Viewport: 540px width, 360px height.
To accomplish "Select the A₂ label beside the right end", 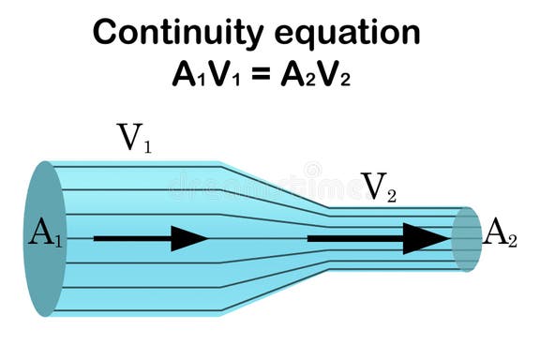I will (x=500, y=233).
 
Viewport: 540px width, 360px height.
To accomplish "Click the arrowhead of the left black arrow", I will (x=190, y=238).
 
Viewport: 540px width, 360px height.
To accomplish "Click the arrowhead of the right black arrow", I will (x=427, y=238).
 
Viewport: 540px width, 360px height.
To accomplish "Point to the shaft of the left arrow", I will (x=131, y=238).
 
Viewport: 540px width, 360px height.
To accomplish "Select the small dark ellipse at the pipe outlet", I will (x=465, y=240).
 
